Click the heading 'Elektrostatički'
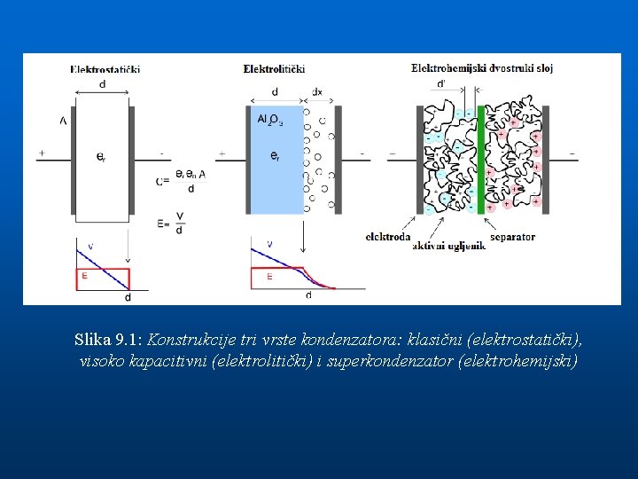tap(105, 69)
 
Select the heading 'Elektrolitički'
tap(274, 68)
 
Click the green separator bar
tap(481, 160)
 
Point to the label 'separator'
tap(512, 237)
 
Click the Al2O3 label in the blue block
tap(269, 119)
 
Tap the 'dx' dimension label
tap(317, 91)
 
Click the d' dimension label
tap(441, 84)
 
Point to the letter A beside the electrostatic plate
tap(63, 120)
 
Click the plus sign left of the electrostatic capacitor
tap(42, 153)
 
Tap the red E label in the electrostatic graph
tap(84, 276)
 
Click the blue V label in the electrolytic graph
tap(269, 244)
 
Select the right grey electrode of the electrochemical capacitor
tap(546, 160)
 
